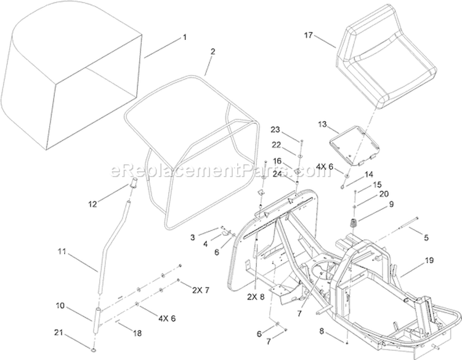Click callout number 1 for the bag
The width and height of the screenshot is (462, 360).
(x=184, y=38)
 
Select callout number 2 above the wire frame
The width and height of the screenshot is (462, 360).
(x=213, y=52)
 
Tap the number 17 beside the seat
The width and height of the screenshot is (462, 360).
(x=308, y=35)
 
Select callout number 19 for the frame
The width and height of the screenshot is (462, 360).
(x=429, y=260)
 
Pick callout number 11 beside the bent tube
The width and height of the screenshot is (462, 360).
(x=62, y=252)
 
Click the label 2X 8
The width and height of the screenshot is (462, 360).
(x=256, y=297)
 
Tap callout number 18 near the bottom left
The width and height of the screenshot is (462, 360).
(x=137, y=333)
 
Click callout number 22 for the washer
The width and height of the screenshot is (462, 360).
(x=276, y=145)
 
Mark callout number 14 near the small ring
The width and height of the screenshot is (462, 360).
(x=369, y=175)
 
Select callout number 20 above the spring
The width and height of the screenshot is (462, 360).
(x=384, y=194)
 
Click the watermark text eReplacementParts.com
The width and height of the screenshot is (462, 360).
(x=221, y=171)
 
